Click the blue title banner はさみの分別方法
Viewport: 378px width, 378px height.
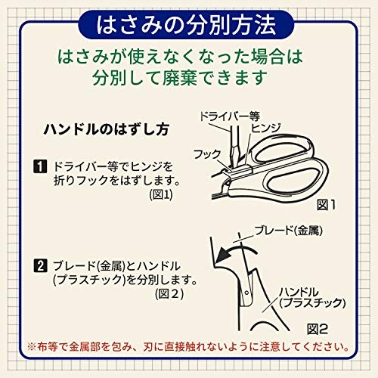click(188, 24)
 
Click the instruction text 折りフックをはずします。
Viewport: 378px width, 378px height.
click(113, 180)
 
